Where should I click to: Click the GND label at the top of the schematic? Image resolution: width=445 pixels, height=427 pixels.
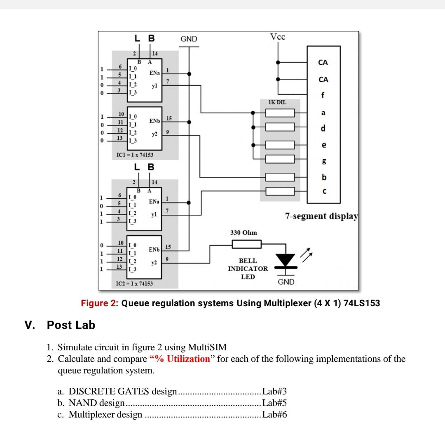point(189,39)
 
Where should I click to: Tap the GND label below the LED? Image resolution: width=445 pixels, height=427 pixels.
point(286,282)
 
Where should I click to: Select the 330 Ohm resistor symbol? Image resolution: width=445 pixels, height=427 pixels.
point(246,244)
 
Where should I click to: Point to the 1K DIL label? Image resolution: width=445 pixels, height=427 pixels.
point(277,101)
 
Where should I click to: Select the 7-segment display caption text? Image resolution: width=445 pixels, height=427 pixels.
point(321,216)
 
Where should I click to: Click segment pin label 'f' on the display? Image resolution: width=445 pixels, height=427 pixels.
point(323,96)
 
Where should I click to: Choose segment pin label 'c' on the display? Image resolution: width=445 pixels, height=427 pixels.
point(324,191)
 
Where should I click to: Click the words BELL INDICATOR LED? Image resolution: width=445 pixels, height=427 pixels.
point(248,269)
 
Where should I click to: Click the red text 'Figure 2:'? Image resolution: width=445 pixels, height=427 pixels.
point(99,304)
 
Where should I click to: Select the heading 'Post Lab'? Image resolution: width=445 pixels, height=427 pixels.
point(71,325)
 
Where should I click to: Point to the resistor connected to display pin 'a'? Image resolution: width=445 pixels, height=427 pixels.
point(280,113)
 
